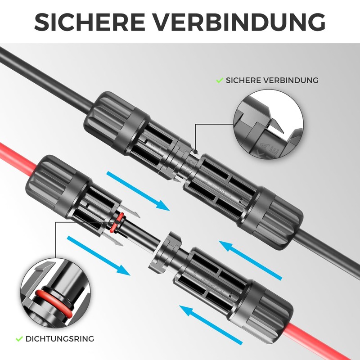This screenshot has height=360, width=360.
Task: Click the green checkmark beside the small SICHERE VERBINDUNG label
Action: pyautogui.click(x=220, y=80)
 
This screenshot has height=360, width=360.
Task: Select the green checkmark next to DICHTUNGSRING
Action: pyautogui.click(x=19, y=338)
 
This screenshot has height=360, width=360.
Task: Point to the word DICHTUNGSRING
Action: pyautogui.click(x=60, y=338)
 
